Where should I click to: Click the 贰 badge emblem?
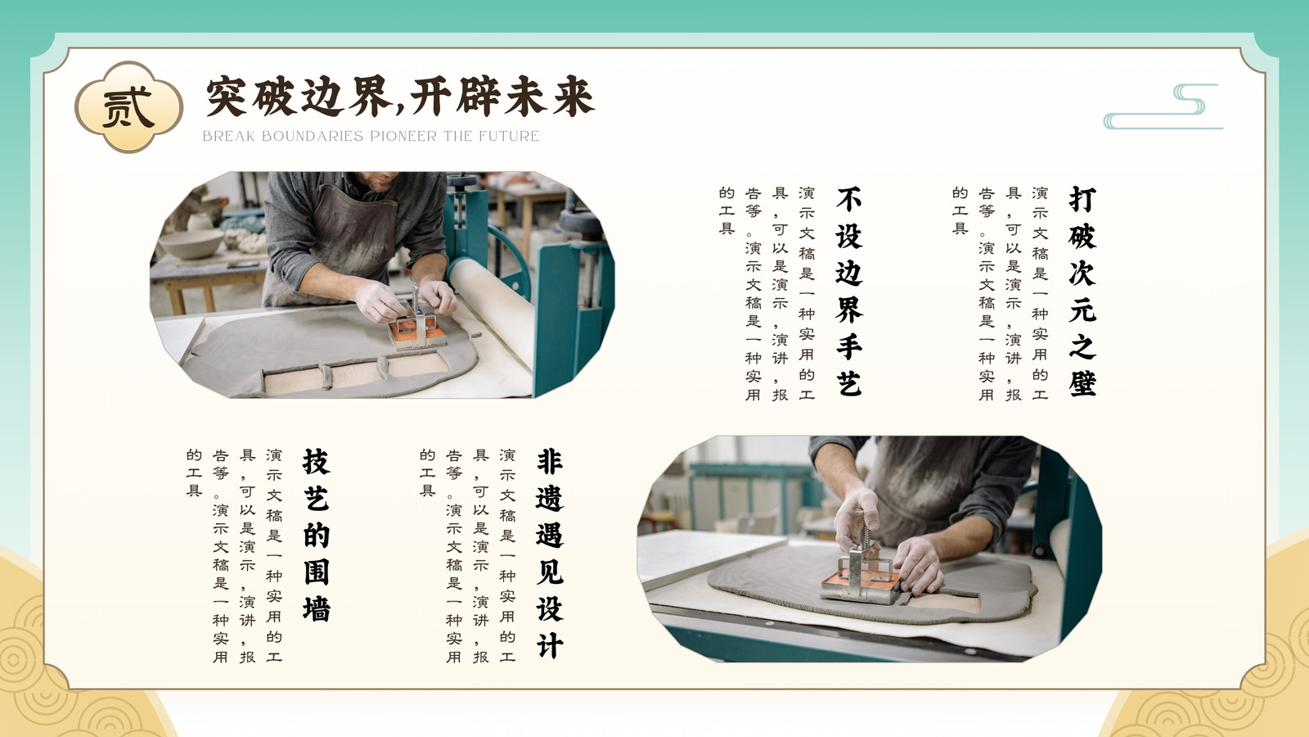(x=128, y=107)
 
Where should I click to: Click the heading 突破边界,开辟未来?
(x=400, y=97)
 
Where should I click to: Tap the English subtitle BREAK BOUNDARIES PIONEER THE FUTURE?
(x=371, y=136)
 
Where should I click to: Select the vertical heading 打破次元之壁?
(x=1082, y=292)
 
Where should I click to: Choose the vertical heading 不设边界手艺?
(x=849, y=292)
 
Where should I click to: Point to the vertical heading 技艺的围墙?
(x=317, y=535)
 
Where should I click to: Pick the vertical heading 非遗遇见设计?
(x=550, y=554)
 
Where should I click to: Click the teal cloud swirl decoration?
(x=1163, y=106)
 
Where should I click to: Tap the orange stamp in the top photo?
(x=416, y=331)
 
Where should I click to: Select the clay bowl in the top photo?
(x=191, y=243)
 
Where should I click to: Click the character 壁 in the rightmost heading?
(x=1082, y=383)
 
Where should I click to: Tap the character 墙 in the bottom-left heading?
(x=317, y=608)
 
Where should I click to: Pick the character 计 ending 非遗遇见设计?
(x=550, y=645)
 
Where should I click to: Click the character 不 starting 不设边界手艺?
(x=849, y=200)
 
